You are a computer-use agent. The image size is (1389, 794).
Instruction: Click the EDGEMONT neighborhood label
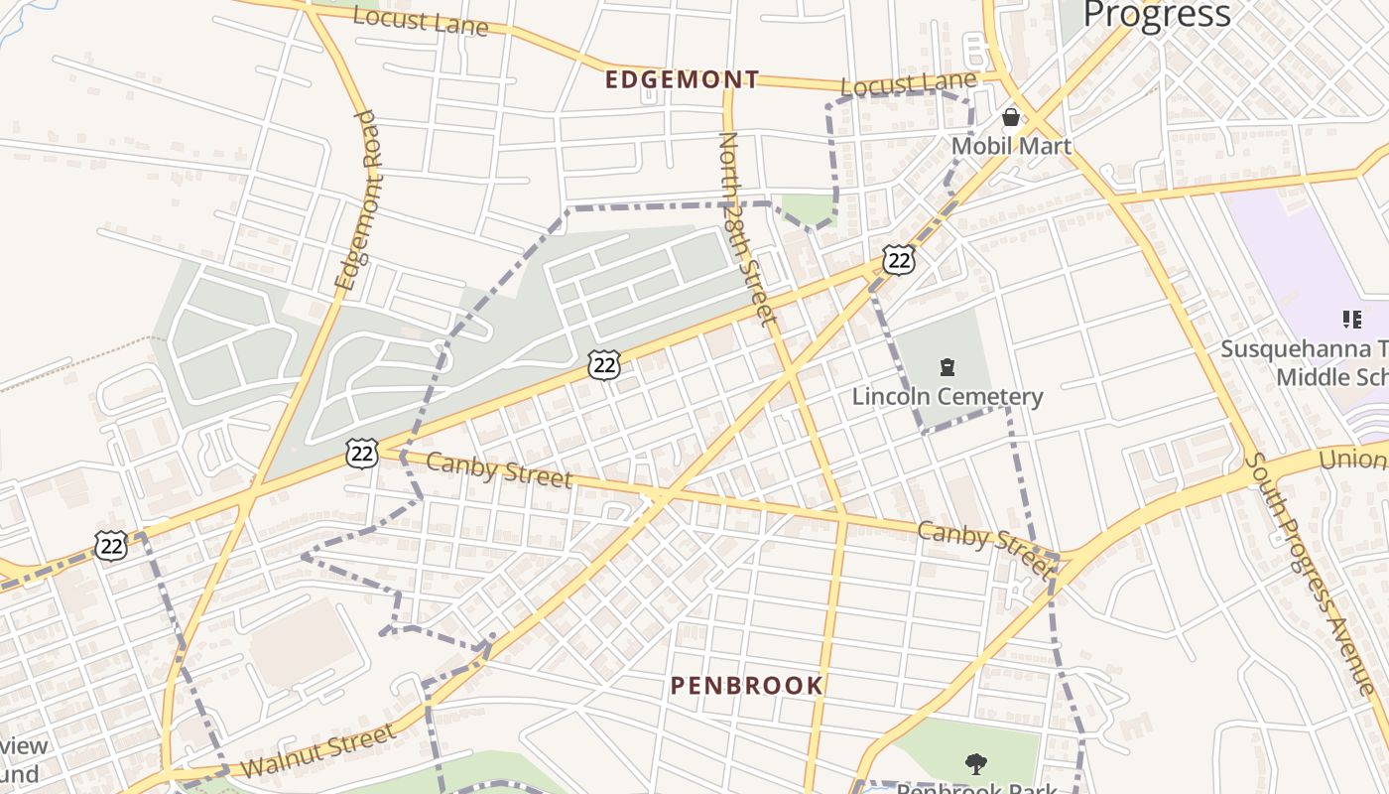[683, 79]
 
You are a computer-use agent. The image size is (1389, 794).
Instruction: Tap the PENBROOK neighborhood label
[747, 685]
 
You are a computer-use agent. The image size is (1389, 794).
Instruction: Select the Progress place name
[1157, 14]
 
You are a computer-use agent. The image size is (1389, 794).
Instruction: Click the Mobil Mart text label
[1011, 146]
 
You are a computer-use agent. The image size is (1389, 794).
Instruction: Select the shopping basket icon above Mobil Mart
[1011, 117]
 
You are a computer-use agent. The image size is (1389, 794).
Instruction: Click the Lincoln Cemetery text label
[947, 397]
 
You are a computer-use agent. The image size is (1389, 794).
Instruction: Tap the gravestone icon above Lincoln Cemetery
[947, 368]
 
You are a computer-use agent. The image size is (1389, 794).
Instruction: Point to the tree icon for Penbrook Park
[976, 763]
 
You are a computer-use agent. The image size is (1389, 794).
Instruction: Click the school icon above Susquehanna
[1351, 320]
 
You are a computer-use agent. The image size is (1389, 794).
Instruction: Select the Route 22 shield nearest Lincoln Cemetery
[899, 260]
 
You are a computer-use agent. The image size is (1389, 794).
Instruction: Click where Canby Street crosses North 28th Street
[842, 514]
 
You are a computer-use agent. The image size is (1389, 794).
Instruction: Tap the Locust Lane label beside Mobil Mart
[909, 84]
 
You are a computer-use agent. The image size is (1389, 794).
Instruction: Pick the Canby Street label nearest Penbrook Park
[982, 547]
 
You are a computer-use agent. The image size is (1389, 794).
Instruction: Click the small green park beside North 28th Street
[809, 209]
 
